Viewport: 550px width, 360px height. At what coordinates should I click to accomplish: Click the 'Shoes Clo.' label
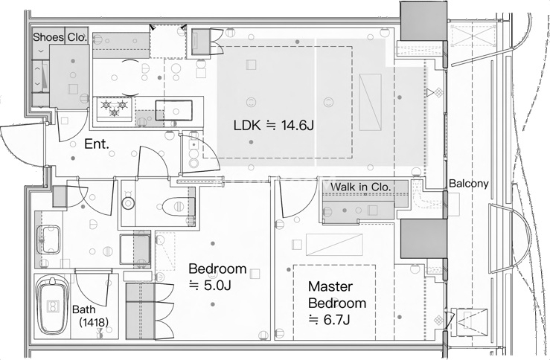[x=60, y=36]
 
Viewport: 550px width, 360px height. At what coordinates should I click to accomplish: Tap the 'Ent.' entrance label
[x=96, y=144]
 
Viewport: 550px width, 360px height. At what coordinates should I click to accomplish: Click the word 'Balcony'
[x=468, y=184]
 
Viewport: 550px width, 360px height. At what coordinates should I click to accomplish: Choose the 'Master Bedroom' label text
[x=336, y=295]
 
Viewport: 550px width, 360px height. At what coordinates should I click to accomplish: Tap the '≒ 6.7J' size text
[x=329, y=320]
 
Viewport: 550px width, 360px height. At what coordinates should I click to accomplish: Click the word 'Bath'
[x=84, y=309]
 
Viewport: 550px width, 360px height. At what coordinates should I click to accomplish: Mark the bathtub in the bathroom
[x=53, y=305]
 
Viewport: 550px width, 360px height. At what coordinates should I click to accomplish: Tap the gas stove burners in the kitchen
[x=113, y=109]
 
